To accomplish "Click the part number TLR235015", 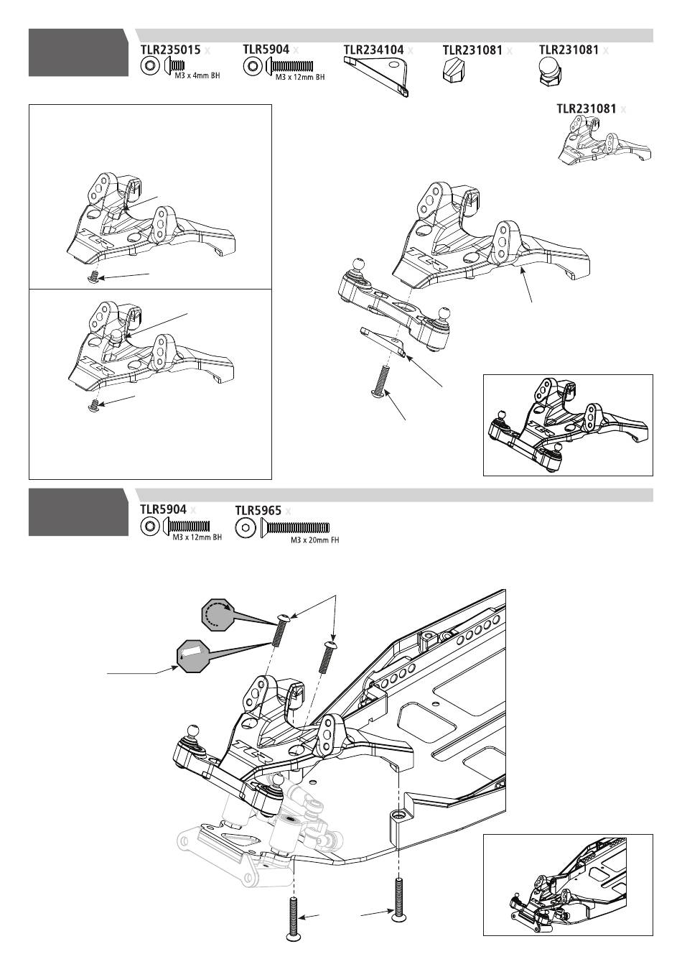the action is coord(169,50).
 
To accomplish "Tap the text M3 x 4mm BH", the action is coord(197,75).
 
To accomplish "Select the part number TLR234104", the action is coord(373,50).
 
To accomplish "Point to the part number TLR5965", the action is coord(258,511).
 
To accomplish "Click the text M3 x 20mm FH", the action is coord(314,540).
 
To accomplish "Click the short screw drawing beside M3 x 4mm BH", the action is coord(175,67).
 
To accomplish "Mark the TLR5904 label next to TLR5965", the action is coord(163,509).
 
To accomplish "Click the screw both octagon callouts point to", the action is coord(281,630).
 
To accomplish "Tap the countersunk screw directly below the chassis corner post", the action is coord(398,896).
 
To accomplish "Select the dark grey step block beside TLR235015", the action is coord(78,52).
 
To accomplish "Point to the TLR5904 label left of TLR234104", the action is coord(266,50).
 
